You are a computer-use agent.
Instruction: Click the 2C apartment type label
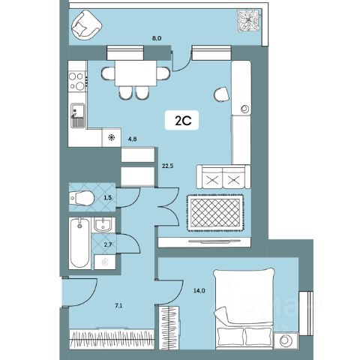(x=183, y=121)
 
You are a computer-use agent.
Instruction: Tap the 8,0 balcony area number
(x=157, y=38)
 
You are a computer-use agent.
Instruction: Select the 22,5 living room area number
(x=168, y=166)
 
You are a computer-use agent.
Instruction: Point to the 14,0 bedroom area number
(x=199, y=290)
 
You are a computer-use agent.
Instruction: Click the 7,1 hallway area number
(x=118, y=305)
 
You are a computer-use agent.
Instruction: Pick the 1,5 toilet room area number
(x=108, y=197)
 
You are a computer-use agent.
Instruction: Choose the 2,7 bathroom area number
(x=107, y=244)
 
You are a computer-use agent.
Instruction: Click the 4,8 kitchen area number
(x=132, y=139)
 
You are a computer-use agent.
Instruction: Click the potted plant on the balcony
(x=249, y=21)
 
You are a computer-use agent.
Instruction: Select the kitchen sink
(x=77, y=115)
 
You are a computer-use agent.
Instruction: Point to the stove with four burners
(x=77, y=80)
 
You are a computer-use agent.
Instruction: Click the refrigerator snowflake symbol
(x=112, y=137)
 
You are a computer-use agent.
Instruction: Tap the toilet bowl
(x=82, y=198)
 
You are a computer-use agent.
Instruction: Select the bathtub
(x=79, y=244)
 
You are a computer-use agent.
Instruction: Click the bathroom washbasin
(x=103, y=224)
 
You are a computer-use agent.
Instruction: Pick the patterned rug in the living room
(x=214, y=213)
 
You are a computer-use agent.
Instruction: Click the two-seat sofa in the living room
(x=223, y=177)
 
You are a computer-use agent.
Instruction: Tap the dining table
(x=136, y=73)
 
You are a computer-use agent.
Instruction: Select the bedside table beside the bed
(x=286, y=340)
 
